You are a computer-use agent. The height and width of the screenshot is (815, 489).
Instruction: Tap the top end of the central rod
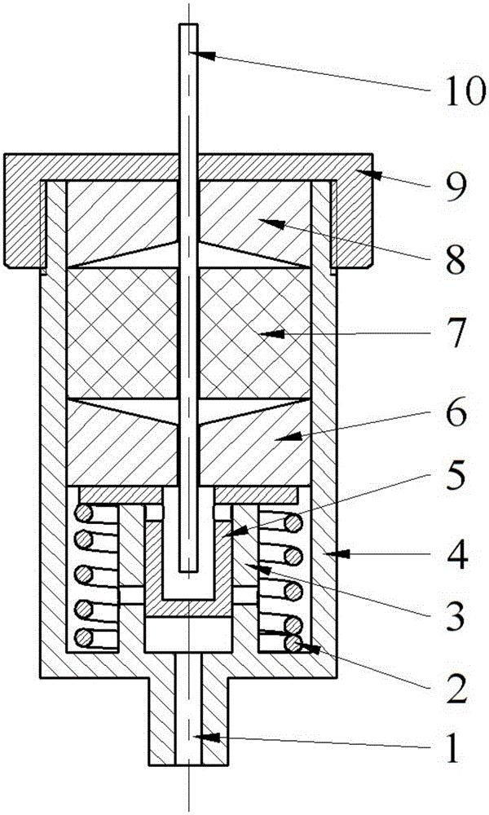[188, 24]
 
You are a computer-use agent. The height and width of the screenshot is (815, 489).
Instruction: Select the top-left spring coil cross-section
[82, 514]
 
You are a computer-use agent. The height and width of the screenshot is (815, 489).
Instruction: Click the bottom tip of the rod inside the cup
[188, 572]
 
